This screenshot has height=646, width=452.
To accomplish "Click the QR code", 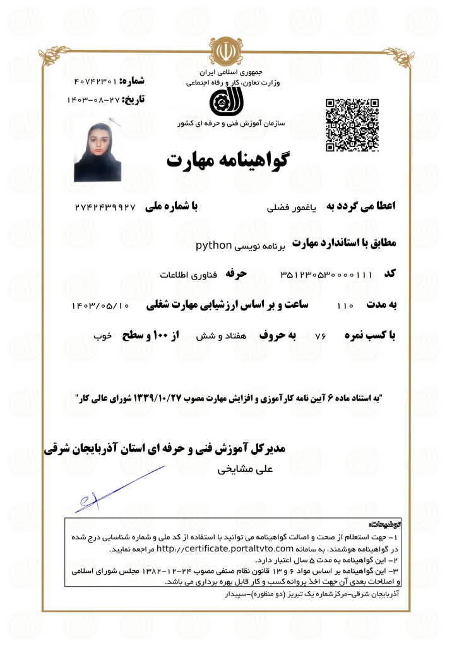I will pyautogui.click(x=352, y=125).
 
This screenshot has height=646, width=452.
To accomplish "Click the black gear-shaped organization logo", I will pyautogui.click(x=225, y=103).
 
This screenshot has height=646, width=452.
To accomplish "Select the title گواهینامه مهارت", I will pyautogui.click(x=227, y=159).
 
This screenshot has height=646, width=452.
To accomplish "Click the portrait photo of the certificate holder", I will pyautogui.click(x=98, y=150).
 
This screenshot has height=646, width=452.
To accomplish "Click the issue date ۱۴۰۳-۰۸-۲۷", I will pyautogui.click(x=93, y=100).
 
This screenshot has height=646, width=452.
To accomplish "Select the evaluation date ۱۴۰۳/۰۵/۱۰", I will pyautogui.click(x=100, y=306).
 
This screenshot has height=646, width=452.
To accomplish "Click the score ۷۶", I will pyautogui.click(x=319, y=337).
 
